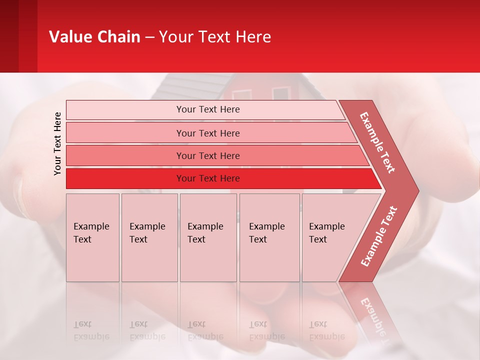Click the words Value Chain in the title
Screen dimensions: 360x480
pos(94,37)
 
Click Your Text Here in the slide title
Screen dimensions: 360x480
pos(215,37)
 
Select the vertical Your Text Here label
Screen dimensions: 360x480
pos(57,143)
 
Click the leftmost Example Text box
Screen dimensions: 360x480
pos(92,237)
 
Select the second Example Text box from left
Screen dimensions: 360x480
pos(149,237)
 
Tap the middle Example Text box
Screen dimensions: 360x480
pos(208,237)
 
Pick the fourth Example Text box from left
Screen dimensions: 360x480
pos(268,237)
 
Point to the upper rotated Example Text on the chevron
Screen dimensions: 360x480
pos(378,142)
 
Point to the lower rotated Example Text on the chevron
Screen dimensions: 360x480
pos(379,236)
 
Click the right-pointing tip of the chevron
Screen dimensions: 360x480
pos(415,190)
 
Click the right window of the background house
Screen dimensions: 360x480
pos(281,93)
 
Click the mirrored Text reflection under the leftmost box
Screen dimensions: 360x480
pos(82,325)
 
